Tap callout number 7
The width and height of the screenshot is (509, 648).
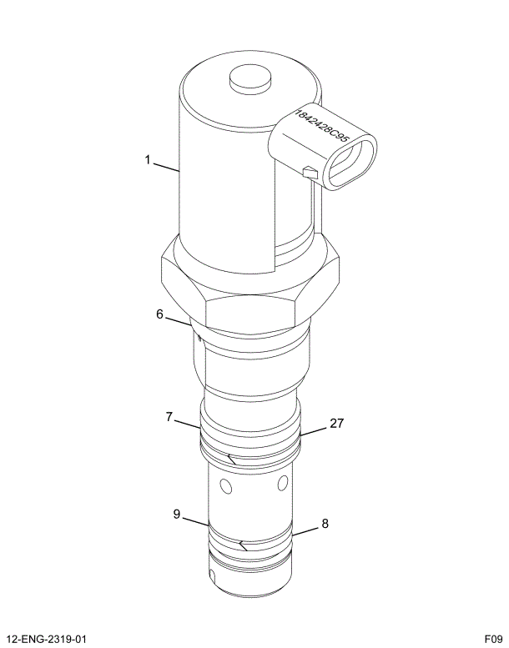click(x=170, y=415)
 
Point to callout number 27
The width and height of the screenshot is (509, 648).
click(x=335, y=424)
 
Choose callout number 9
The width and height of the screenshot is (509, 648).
click(x=177, y=515)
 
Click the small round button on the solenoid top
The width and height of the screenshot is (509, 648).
click(x=249, y=79)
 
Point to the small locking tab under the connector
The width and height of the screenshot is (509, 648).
click(x=310, y=173)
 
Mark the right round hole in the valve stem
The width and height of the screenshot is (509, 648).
click(x=285, y=483)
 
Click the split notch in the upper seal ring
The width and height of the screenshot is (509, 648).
click(x=231, y=457)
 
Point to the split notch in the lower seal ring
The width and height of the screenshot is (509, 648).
click(x=242, y=546)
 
